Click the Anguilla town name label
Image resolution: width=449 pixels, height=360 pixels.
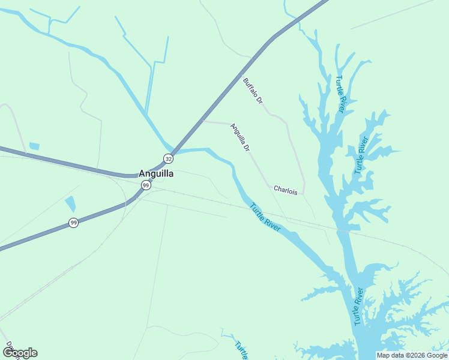(156, 173)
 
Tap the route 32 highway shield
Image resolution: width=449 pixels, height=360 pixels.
(169, 159)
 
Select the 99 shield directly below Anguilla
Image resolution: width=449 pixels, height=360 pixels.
(146, 186)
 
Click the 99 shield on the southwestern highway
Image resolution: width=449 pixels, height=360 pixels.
(73, 223)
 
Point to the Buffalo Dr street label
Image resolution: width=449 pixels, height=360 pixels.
(253, 91)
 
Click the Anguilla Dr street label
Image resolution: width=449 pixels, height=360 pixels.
(240, 137)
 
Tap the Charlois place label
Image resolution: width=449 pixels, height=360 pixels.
(285, 190)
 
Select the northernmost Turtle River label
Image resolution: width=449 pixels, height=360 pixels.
(340, 94)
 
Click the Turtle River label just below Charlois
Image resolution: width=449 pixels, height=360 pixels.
(265, 217)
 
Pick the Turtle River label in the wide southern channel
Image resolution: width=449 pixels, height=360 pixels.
(358, 307)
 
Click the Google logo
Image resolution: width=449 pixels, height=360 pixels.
(20, 353)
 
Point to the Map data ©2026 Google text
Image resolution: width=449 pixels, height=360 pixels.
(412, 355)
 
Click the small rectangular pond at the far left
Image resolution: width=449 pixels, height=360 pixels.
(34, 146)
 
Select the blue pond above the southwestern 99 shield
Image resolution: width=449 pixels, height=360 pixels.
(70, 204)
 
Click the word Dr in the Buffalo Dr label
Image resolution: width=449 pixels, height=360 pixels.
(259, 99)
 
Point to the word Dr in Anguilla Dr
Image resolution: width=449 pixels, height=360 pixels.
(246, 146)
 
